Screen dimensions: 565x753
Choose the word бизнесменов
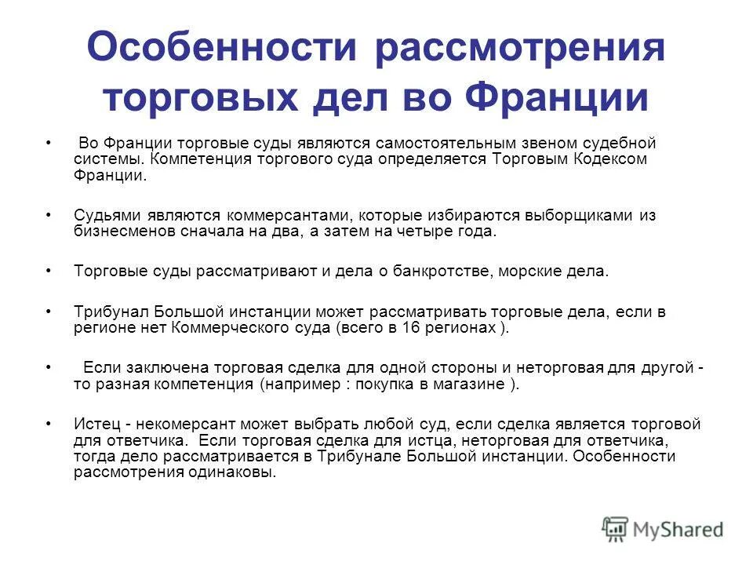pos(122,231)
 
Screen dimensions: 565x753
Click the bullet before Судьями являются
pos(49,215)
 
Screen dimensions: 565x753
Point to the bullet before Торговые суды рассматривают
pos(49,272)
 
